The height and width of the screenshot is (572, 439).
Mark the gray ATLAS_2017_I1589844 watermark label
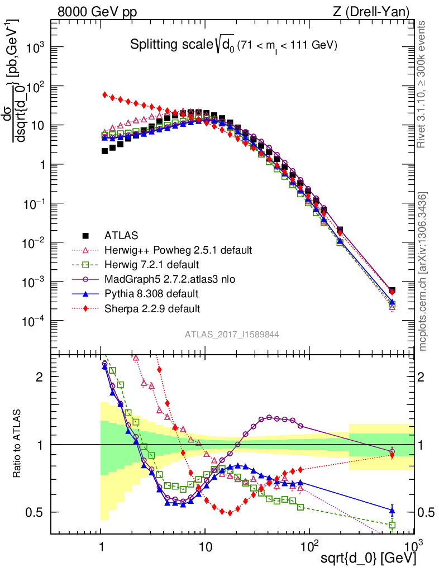(232, 334)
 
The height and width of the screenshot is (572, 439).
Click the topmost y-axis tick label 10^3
(36, 48)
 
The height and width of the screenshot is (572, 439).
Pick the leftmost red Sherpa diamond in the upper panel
(105, 95)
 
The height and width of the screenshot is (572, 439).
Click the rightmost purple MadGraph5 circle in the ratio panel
(392, 451)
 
